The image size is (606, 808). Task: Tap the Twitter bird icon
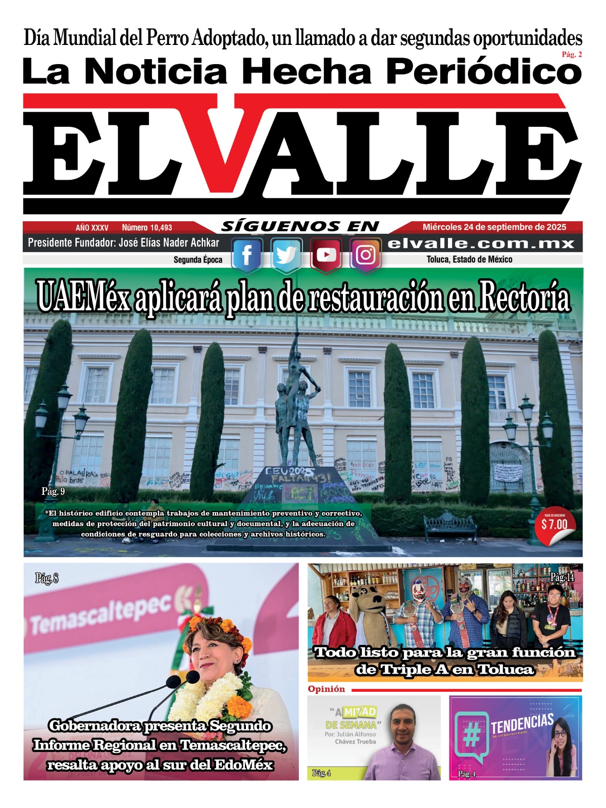coord(286,255)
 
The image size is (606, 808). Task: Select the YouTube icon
coord(326,255)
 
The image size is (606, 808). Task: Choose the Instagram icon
coord(365,255)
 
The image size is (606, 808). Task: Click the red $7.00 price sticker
coord(554,525)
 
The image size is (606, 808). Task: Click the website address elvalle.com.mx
coord(481,244)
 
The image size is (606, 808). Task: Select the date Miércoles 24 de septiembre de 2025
coord(494,227)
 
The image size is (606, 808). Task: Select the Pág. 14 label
coord(562,577)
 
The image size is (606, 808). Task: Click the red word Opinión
coord(326,689)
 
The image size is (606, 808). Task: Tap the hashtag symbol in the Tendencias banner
coord(471,736)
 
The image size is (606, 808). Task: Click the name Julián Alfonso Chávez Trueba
coord(350,738)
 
